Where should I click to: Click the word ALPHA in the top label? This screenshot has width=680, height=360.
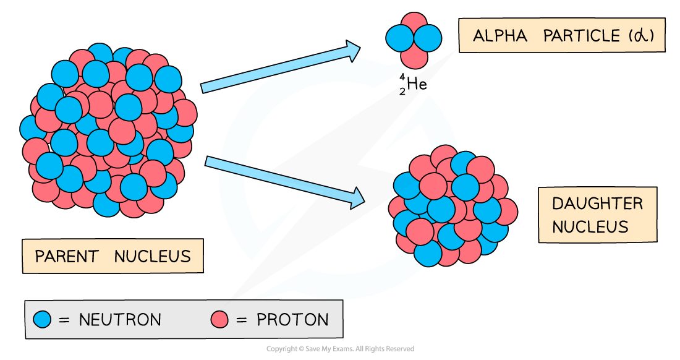point(500,36)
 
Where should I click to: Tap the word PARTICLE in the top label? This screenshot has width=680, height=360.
point(581,36)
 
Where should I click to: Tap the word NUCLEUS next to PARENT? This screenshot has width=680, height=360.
point(153,256)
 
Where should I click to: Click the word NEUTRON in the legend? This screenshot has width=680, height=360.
point(120,320)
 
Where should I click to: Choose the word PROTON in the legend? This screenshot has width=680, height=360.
point(292,320)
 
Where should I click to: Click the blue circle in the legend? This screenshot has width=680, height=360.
point(42,319)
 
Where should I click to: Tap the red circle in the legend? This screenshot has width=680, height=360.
point(219,319)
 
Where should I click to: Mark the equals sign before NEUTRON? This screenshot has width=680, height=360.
point(64,320)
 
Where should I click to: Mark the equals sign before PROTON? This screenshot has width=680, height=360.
point(242,320)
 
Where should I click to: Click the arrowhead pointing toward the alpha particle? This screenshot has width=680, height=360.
point(353,51)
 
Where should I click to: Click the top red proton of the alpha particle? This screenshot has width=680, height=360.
point(414,24)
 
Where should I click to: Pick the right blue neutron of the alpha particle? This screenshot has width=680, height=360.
point(428,38)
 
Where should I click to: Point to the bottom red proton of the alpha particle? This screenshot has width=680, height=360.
point(414,57)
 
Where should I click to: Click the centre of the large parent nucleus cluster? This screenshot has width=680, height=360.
point(108,130)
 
